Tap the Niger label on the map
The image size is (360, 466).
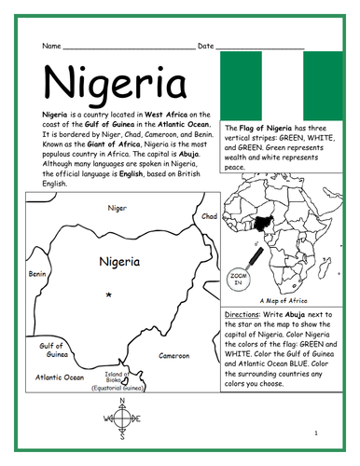tap(118, 208)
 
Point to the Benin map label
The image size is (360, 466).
tap(37, 275)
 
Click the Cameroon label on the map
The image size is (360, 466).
tap(174, 355)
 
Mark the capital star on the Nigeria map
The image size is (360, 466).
tap(111, 295)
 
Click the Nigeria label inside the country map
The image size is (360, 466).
tap(119, 262)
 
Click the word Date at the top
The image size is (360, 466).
tap(205, 46)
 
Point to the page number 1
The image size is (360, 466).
tap(316, 432)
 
